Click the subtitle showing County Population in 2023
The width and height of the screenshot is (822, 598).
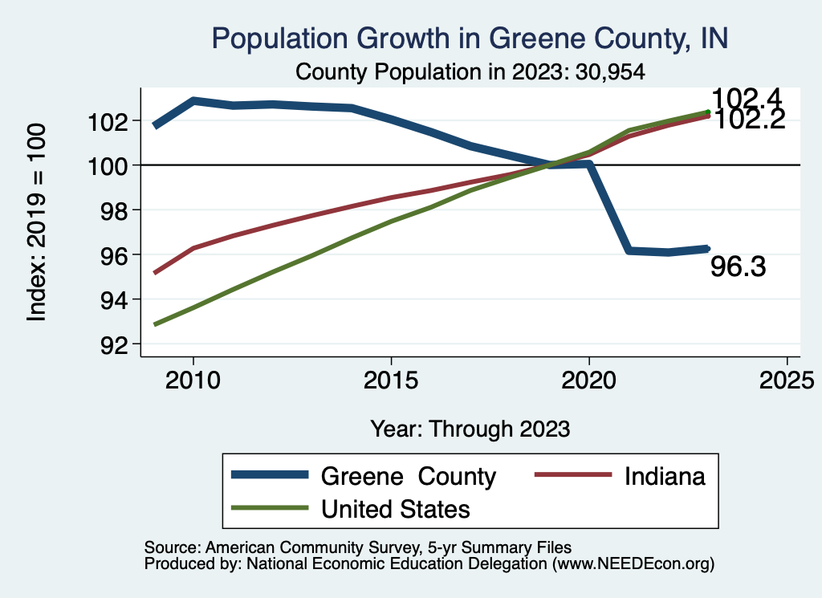pos(470,71)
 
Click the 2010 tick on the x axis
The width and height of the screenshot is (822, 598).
pos(193,379)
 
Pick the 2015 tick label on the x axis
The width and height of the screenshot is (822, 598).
pos(391,379)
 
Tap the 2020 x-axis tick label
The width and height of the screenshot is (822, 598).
pos(589,379)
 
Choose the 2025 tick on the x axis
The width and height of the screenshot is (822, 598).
pos(787,379)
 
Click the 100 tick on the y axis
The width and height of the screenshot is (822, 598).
pos(116,165)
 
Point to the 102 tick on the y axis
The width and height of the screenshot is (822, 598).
pos(116,121)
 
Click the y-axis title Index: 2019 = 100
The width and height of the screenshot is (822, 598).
pos(37,222)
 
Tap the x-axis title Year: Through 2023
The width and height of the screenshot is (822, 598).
pos(470,429)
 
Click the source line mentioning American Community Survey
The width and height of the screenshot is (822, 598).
pos(357,546)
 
